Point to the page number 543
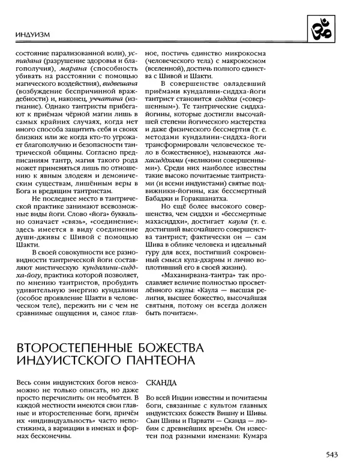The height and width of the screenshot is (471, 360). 336,454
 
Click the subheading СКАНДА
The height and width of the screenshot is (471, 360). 161,382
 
